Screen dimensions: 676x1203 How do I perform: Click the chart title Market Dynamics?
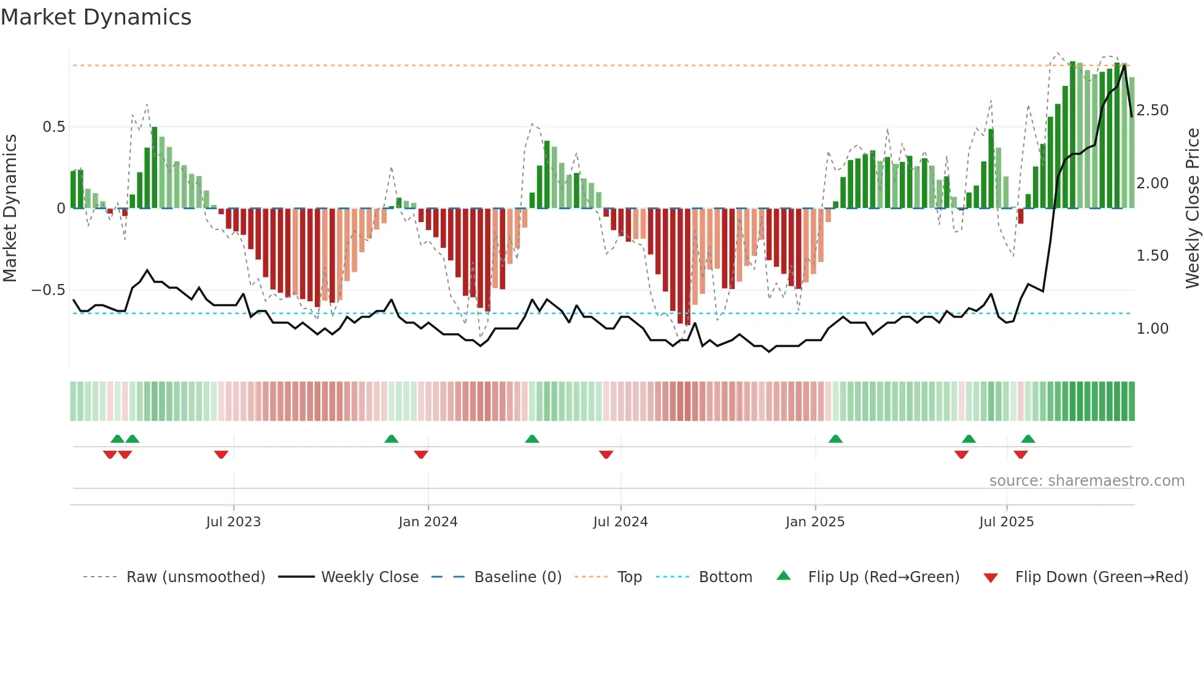click(x=96, y=17)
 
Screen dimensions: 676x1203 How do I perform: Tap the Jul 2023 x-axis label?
click(x=233, y=522)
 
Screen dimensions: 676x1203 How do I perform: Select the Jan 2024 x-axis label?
click(x=428, y=522)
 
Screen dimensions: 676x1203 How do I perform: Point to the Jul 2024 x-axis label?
click(x=621, y=522)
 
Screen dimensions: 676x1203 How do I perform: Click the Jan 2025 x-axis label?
click(x=815, y=522)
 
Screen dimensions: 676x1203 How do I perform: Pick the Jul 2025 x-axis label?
click(x=1007, y=522)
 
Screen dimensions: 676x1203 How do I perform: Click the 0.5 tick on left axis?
click(x=53, y=127)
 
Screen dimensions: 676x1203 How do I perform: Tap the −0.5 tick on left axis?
click(x=48, y=290)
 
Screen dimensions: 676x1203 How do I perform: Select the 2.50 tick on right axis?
click(x=1153, y=110)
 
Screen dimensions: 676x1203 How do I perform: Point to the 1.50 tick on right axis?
click(x=1153, y=256)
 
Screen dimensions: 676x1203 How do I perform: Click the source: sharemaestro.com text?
click(x=1086, y=481)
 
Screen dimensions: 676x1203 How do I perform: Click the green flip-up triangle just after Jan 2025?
click(x=835, y=439)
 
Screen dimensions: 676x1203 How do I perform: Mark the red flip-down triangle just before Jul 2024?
click(x=606, y=455)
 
